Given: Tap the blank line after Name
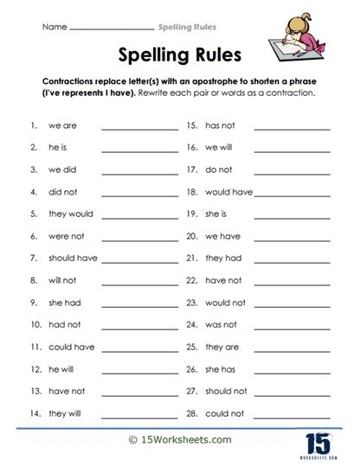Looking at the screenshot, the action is [112, 30].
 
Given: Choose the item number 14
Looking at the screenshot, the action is [33, 413].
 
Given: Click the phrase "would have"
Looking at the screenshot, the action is [228, 192].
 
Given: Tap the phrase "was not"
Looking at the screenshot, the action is [221, 324].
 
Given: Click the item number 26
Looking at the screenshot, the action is [192, 369].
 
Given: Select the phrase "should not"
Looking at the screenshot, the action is [226, 391].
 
